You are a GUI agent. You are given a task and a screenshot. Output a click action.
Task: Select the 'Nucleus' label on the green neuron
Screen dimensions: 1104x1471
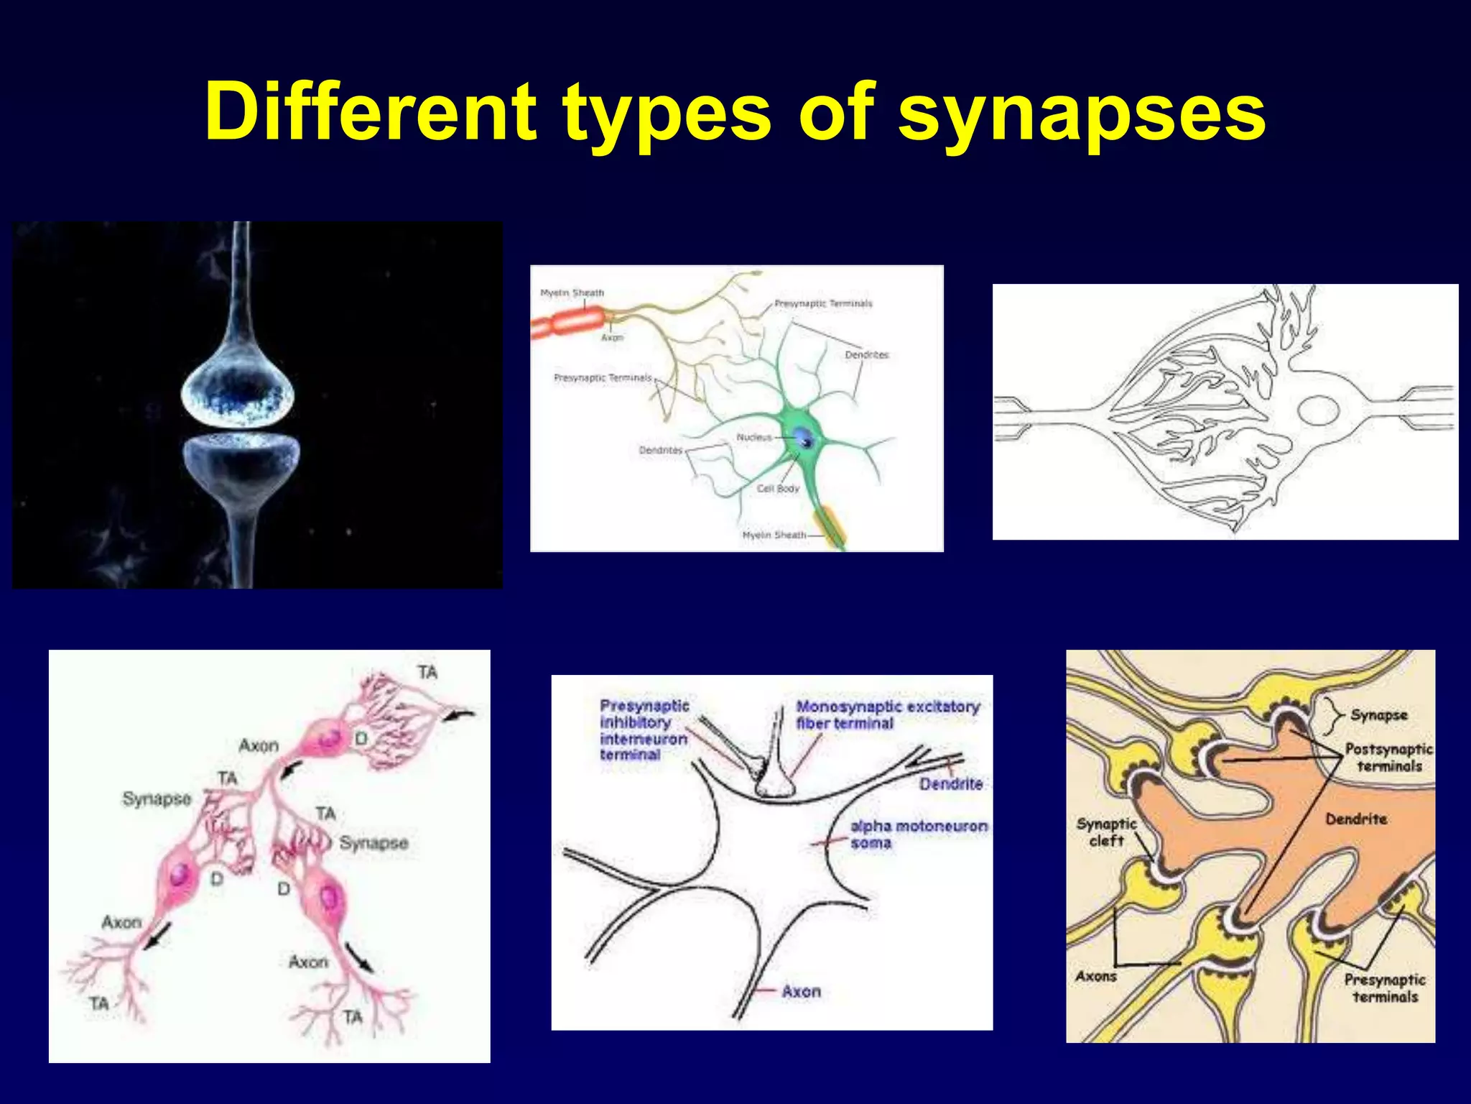click(x=753, y=437)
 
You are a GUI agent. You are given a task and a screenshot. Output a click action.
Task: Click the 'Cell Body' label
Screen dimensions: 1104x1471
click(x=777, y=489)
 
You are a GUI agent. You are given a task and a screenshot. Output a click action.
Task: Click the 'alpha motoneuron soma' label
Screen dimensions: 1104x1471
click(x=918, y=834)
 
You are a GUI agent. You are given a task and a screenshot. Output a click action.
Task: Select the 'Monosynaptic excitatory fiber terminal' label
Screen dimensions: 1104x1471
click(x=887, y=714)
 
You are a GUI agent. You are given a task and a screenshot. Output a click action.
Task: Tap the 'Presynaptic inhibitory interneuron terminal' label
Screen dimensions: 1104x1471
click(x=644, y=730)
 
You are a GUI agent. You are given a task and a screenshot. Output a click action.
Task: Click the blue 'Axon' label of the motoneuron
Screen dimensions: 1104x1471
click(x=801, y=991)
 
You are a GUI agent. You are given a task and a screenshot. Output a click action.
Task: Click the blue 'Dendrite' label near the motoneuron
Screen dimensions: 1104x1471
click(x=950, y=783)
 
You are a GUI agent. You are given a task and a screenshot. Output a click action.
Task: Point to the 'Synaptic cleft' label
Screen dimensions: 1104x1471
click(x=1106, y=832)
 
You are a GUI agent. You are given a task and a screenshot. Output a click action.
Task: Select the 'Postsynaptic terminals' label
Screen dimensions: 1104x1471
click(x=1388, y=757)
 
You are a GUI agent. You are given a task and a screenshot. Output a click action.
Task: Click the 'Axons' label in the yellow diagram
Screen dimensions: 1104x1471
click(x=1096, y=976)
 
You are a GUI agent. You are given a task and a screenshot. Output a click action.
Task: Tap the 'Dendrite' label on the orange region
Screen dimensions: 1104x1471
click(x=1355, y=819)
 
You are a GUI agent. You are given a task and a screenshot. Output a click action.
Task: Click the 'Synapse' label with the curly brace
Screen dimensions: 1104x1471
click(x=1378, y=714)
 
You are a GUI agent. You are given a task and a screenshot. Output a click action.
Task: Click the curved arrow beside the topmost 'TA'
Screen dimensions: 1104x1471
click(x=460, y=714)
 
